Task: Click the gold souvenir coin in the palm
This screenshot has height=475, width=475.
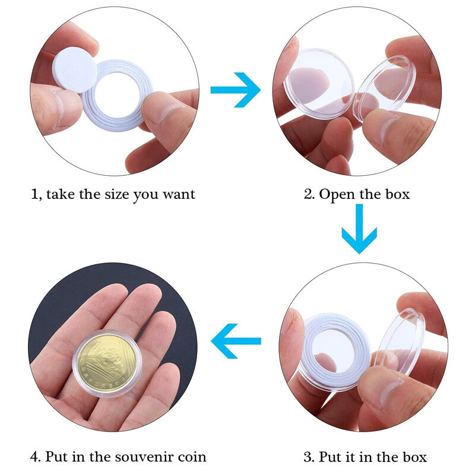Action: point(107,362)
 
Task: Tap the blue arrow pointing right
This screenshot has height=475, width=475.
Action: point(236,90)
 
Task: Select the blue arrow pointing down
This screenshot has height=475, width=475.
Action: point(359,229)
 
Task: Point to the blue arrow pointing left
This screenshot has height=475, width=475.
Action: point(236,341)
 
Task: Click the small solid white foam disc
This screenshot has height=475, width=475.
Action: point(75,69)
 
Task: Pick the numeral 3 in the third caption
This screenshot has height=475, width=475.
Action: point(308,457)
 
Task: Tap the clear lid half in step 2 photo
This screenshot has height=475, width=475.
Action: point(385,88)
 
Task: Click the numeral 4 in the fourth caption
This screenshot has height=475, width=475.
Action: point(35,457)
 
